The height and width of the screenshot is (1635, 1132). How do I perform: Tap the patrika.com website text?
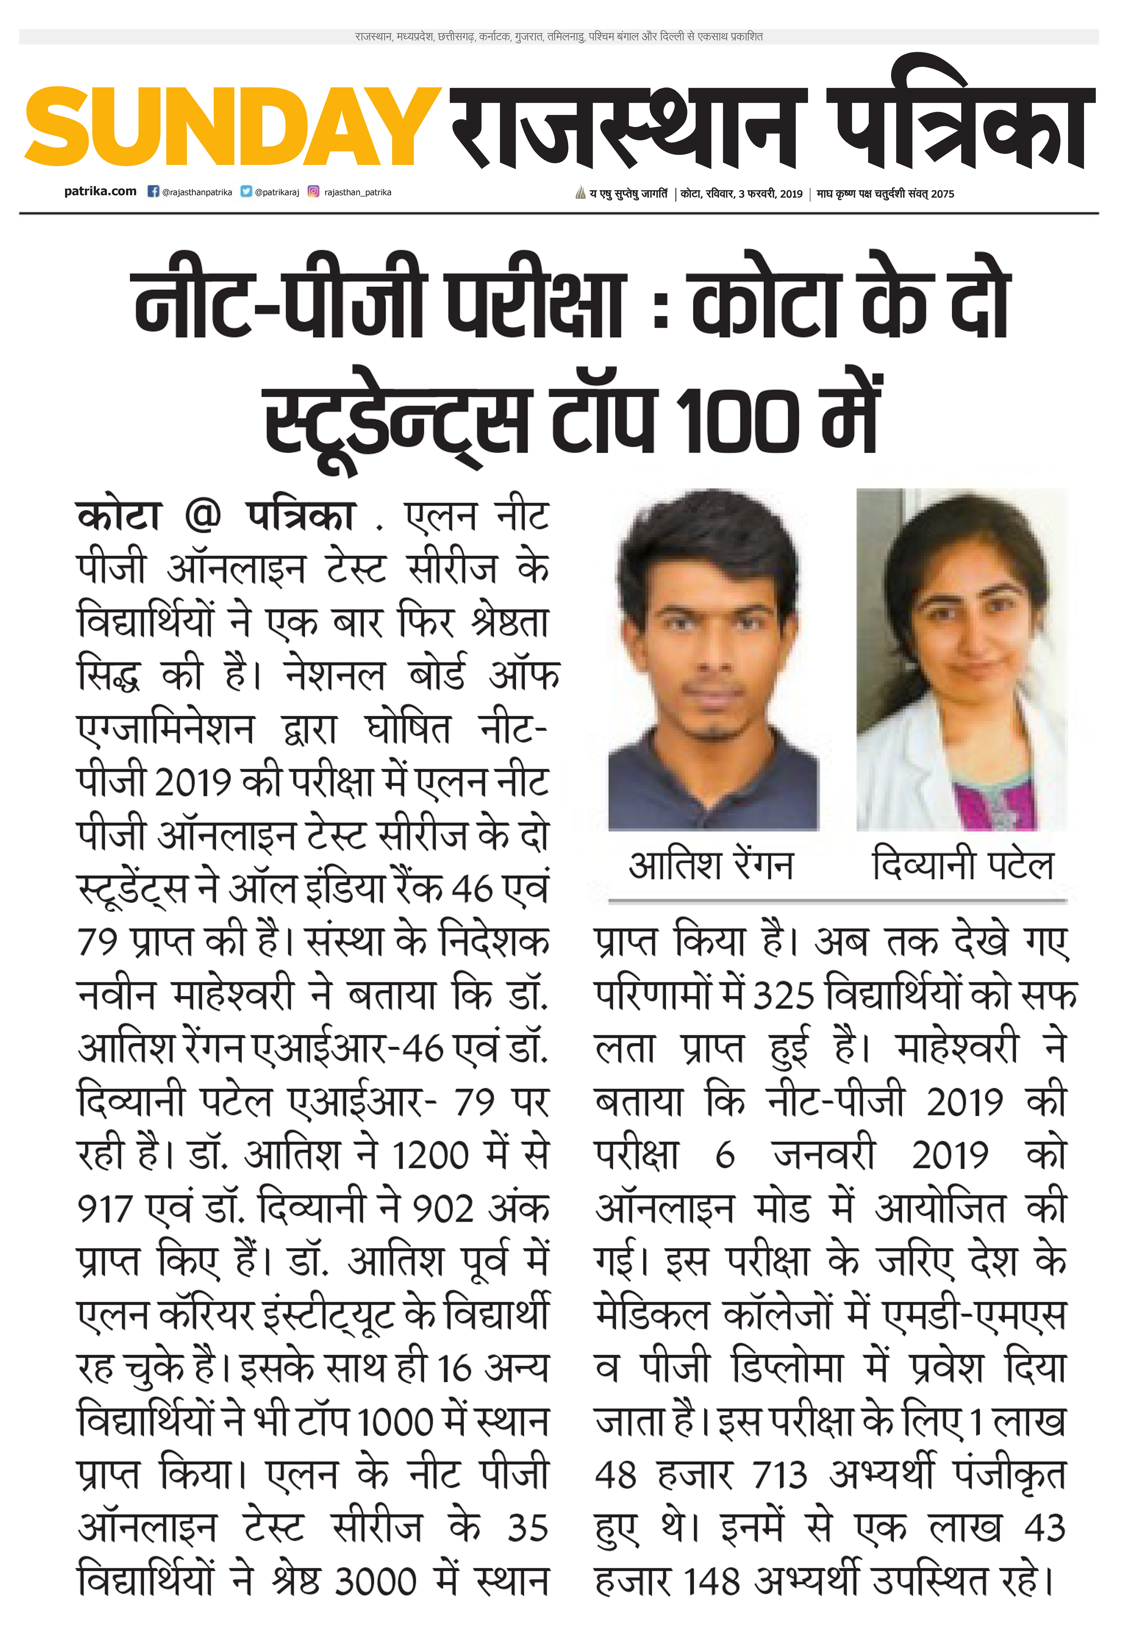(x=100, y=191)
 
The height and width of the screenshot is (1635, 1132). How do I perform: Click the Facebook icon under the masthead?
(x=153, y=191)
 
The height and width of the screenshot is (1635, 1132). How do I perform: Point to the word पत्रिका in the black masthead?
(x=961, y=128)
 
